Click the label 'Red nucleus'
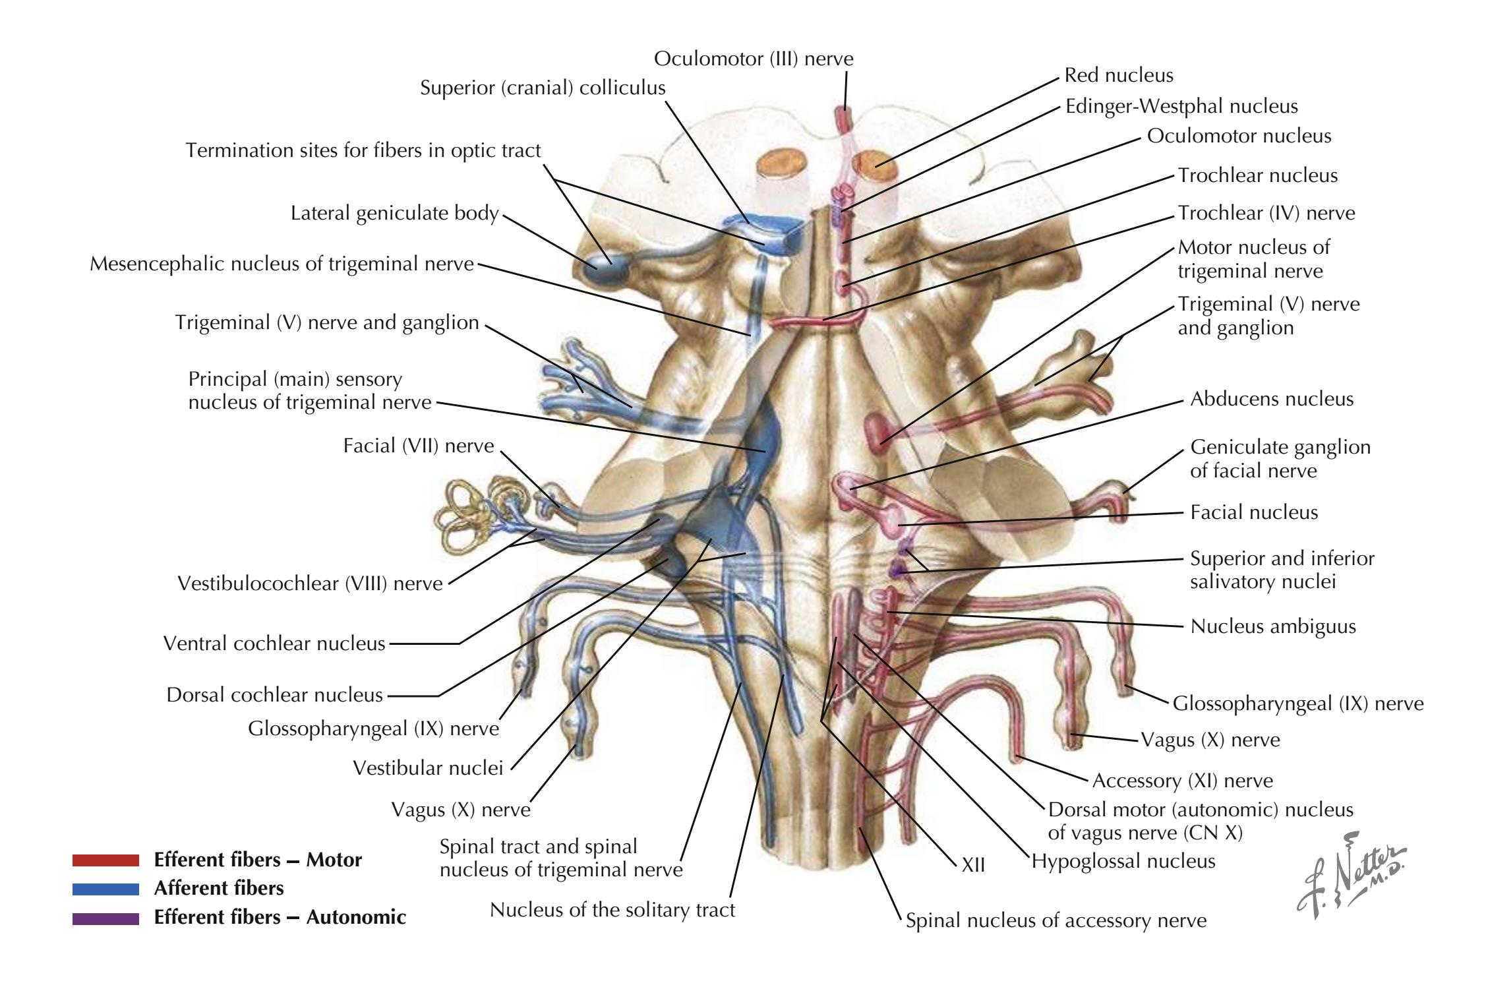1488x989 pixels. click(x=1119, y=75)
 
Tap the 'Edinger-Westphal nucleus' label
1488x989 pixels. click(x=1181, y=106)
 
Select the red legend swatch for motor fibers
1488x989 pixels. click(x=105, y=860)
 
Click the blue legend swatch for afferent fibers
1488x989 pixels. click(x=105, y=889)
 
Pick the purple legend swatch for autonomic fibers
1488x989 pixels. click(x=105, y=918)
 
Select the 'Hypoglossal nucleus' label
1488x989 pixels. click(x=1123, y=861)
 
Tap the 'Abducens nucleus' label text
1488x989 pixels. click(x=1271, y=399)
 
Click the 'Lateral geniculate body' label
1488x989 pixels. click(x=394, y=214)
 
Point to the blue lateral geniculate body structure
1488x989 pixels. click(x=605, y=267)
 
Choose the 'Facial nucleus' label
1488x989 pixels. click(x=1254, y=512)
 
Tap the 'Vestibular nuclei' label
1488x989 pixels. click(x=428, y=768)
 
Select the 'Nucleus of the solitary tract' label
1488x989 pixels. click(x=612, y=911)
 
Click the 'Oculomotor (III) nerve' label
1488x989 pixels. click(x=754, y=59)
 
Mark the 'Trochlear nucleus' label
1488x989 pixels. click(x=1258, y=175)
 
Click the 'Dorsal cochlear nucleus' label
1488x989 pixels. click(x=274, y=695)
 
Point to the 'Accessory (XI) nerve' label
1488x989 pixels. click(x=1183, y=781)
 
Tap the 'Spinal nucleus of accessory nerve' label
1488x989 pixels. click(x=1056, y=920)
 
